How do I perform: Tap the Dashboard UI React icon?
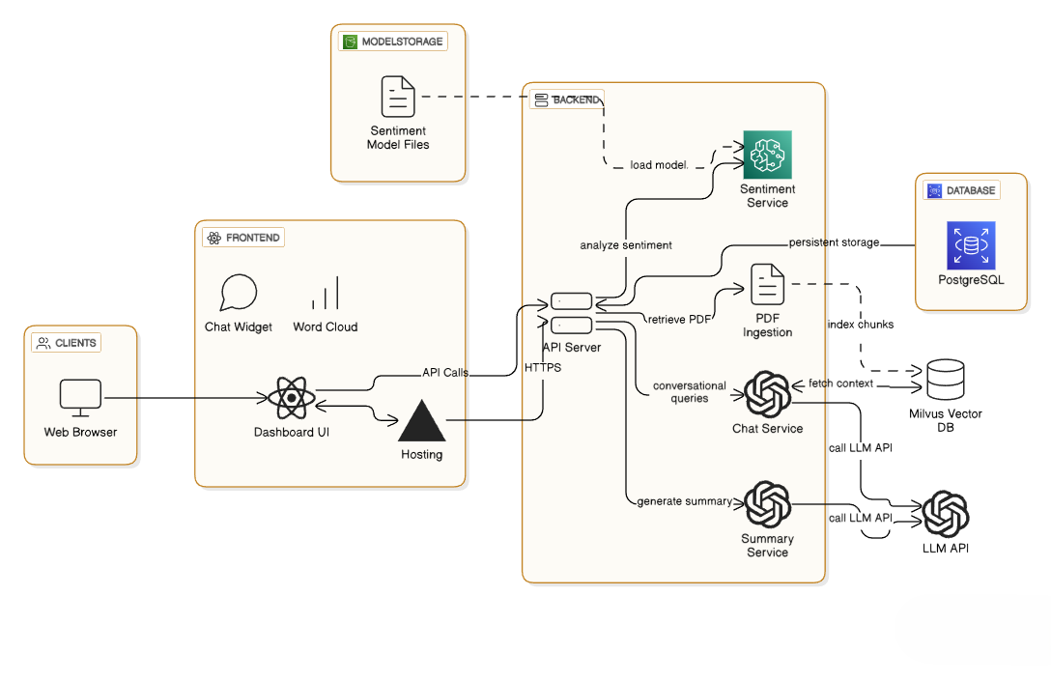[291, 398]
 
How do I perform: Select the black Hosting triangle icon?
[421, 420]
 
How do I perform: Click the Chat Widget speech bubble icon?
[239, 294]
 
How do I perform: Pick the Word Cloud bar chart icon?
[326, 294]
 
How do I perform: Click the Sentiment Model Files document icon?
[397, 98]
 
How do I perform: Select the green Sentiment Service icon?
[767, 155]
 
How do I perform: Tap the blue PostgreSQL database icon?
[971, 245]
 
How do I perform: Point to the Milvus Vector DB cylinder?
[945, 380]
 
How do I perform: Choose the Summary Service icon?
[768, 503]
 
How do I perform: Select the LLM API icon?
[945, 514]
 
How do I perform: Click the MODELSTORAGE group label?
[393, 42]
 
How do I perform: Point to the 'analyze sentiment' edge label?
[626, 245]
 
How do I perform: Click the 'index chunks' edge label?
[861, 325]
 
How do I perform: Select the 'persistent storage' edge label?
[834, 242]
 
